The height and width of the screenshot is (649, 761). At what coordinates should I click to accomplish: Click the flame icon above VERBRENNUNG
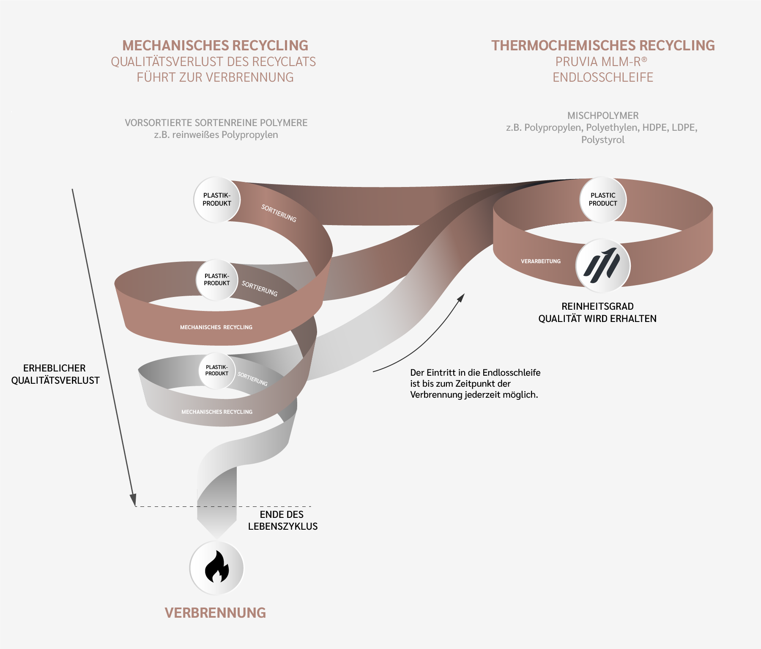coord(217,567)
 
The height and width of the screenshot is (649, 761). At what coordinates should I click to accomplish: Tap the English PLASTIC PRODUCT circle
coord(603,200)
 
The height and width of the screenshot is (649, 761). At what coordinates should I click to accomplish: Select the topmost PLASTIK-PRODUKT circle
coord(217,200)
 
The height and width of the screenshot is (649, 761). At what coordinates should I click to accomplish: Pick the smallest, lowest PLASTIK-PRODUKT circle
coord(217,371)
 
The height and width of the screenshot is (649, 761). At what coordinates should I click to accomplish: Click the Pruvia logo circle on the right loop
coord(602,266)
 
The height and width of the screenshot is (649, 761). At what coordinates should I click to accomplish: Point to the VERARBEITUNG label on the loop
coord(541,261)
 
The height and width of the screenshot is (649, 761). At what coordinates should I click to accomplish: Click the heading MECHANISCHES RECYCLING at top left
coord(215,45)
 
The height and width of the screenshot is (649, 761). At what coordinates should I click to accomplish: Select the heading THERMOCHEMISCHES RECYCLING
coord(603,45)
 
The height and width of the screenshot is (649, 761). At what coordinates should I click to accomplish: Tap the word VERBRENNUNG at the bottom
coord(215,613)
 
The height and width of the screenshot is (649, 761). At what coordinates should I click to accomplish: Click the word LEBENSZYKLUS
coord(283,526)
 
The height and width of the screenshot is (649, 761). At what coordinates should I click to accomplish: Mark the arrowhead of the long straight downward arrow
coord(133,500)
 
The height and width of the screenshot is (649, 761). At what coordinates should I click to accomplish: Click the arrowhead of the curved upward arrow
coord(461,297)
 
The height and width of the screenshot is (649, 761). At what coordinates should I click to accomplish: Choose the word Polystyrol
coord(603,140)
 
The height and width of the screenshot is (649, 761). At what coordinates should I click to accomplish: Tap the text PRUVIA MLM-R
coord(598,62)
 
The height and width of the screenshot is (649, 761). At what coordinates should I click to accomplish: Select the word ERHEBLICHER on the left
coord(55,368)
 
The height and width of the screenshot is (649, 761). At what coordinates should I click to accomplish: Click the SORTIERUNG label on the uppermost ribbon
coord(279,213)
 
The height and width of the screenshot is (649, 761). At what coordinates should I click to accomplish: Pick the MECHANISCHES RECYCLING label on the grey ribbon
coord(217,412)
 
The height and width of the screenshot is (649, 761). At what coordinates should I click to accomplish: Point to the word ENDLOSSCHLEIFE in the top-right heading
coord(603,77)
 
